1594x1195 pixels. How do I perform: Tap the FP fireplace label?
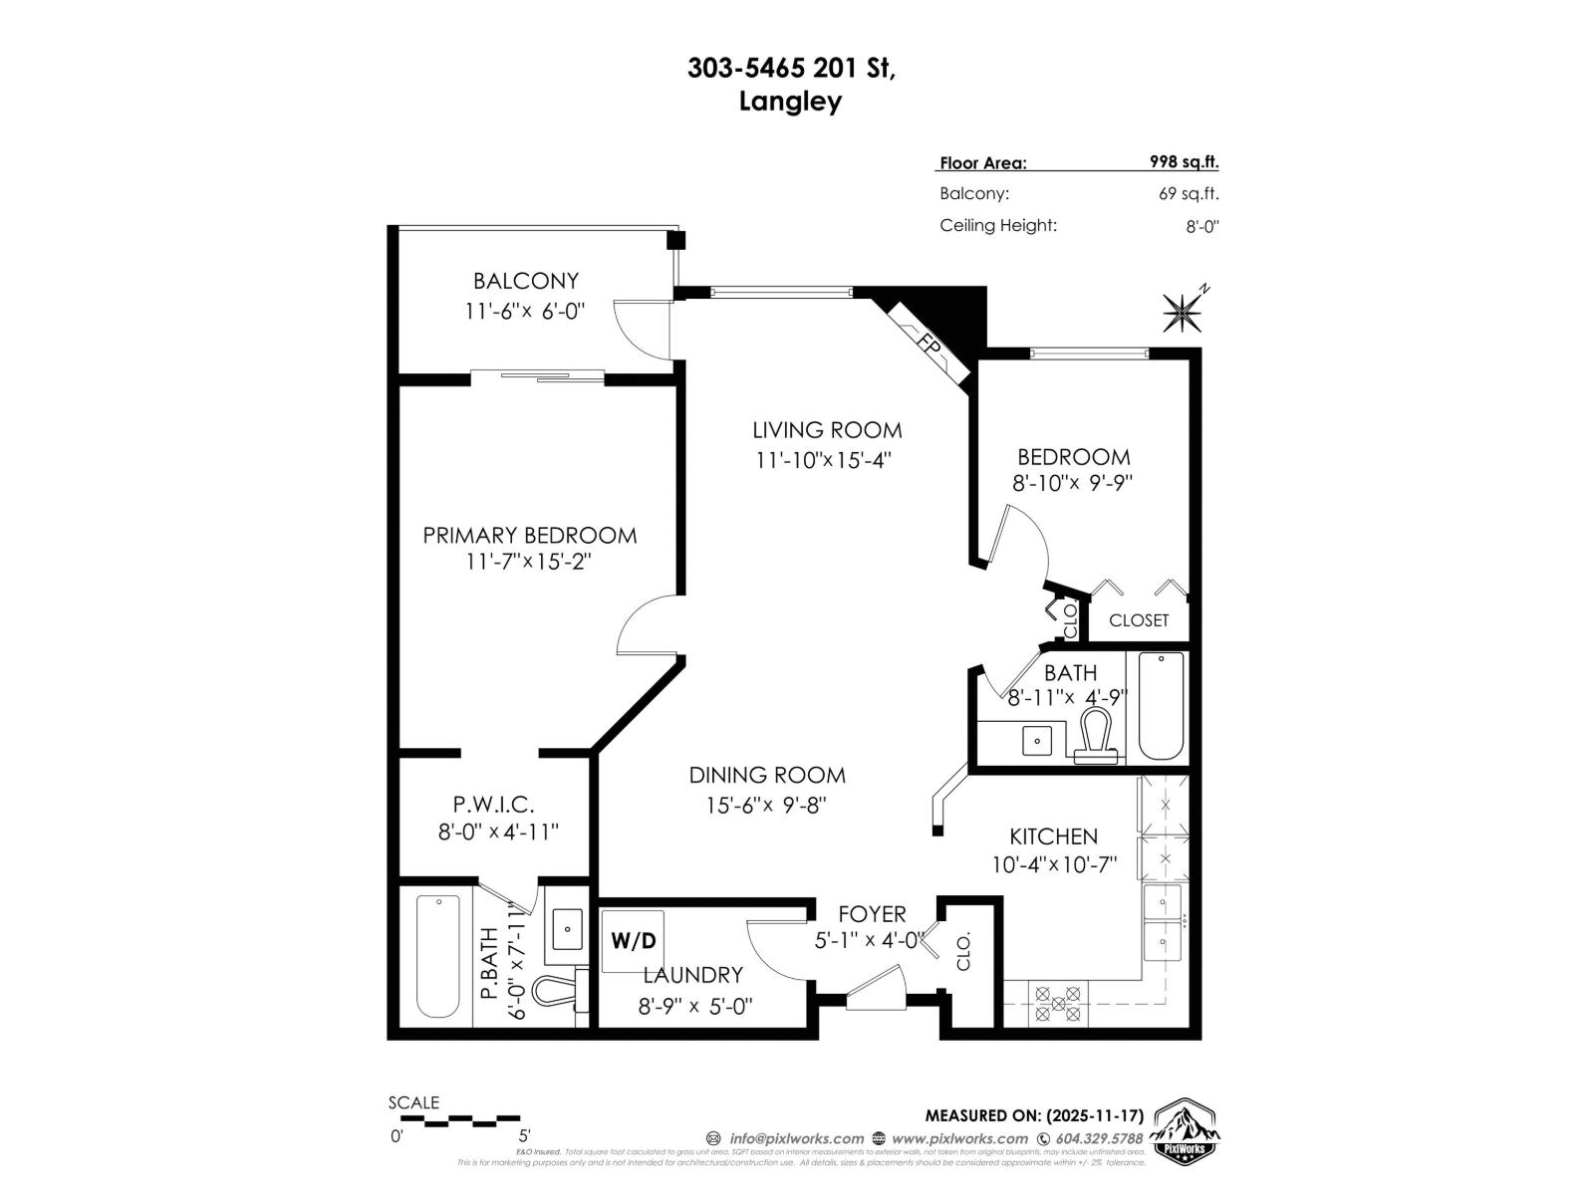930,346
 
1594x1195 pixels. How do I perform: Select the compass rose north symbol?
1183,313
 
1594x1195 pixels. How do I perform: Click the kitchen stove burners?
1058,1003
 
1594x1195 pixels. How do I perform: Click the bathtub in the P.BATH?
438,956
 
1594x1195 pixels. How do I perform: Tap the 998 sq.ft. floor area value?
1184,162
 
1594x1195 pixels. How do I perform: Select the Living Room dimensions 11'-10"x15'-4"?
822,460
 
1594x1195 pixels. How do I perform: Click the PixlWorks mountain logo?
1186,1131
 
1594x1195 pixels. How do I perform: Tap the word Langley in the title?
790,102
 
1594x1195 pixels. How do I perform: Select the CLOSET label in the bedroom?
1139,620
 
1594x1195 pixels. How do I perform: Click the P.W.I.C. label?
493,804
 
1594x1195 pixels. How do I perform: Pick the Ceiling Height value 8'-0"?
1201,226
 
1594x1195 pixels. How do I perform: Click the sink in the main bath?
1038,741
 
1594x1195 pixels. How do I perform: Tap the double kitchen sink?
1163,922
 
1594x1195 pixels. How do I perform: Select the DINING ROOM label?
767,775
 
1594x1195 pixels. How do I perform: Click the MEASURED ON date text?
1034,1115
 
